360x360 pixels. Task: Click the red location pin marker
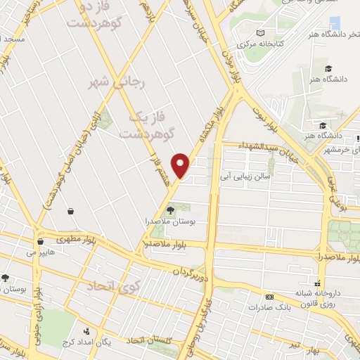pos(181,165)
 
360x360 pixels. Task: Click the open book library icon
pos(260,32)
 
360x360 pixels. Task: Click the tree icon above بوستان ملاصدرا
pos(169,210)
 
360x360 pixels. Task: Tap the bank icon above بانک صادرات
pos(269,297)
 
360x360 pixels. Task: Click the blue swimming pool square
pos(335,23)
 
